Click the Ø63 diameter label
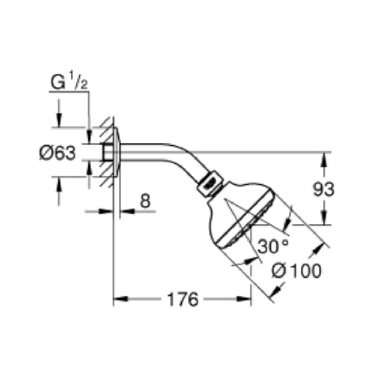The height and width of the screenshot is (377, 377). [58, 153]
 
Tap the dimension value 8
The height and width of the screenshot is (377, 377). [145, 201]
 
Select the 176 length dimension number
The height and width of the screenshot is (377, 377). [183, 300]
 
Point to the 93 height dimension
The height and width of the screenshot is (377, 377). [324, 189]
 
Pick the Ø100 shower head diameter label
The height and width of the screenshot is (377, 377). [296, 271]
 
